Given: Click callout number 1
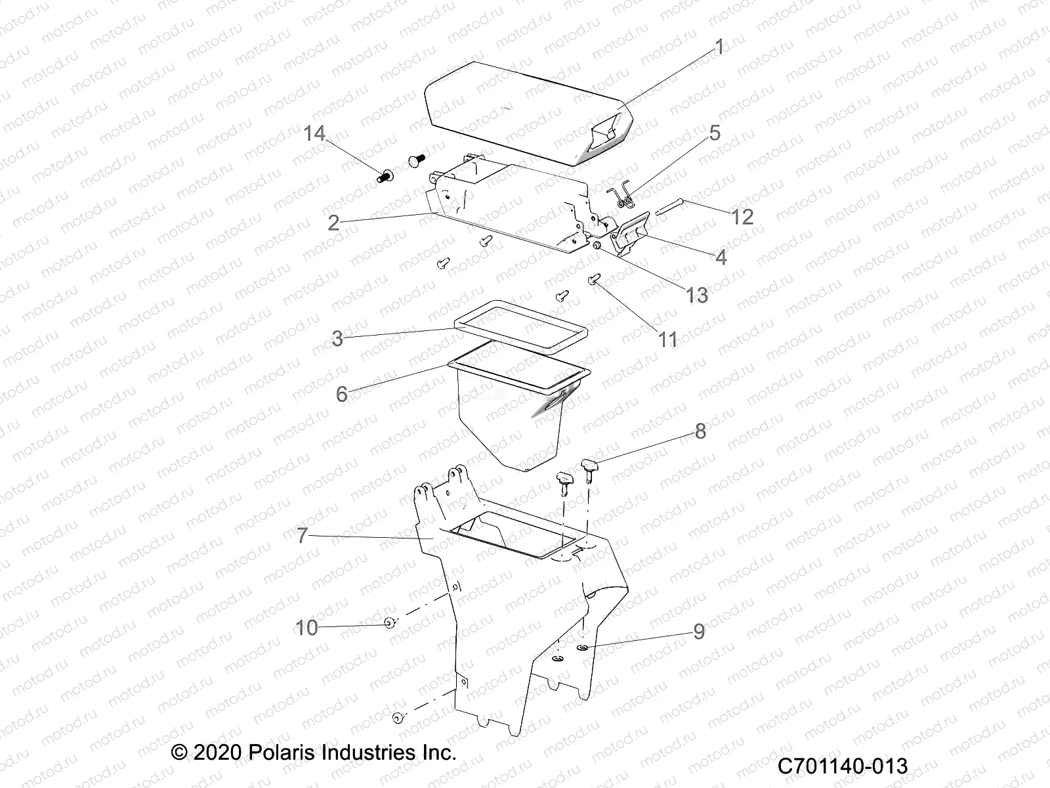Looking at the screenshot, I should pyautogui.click(x=719, y=47).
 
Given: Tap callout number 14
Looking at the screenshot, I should pyautogui.click(x=314, y=133).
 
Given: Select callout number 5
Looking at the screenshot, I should pyautogui.click(x=714, y=133).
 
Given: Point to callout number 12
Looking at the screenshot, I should pyautogui.click(x=742, y=217).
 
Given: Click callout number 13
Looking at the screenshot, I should pyautogui.click(x=697, y=295).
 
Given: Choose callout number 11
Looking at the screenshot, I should pyautogui.click(x=667, y=339).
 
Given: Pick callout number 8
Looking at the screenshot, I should pyautogui.click(x=700, y=431).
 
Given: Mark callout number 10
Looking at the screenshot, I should pyautogui.click(x=306, y=628).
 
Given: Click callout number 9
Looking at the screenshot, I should pyautogui.click(x=699, y=631).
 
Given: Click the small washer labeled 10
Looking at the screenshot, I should pyautogui.click(x=389, y=623).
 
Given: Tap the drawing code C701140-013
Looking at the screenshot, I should pyautogui.click(x=843, y=766).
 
